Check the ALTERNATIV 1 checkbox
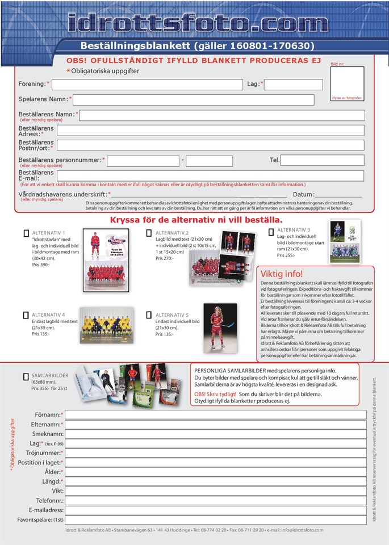point(26,233)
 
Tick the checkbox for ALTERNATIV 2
point(149,233)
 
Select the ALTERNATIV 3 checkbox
point(271,230)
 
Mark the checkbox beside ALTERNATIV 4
point(26,315)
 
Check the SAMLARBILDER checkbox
point(26,376)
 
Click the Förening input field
point(147,85)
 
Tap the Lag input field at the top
point(293,85)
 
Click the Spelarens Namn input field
point(193,100)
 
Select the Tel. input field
point(322,161)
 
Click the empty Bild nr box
point(347,80)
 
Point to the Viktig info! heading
point(282,274)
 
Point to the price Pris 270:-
point(164,258)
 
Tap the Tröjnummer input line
point(216,453)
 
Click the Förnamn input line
point(216,414)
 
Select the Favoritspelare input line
point(216,519)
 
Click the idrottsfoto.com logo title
point(197,22)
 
